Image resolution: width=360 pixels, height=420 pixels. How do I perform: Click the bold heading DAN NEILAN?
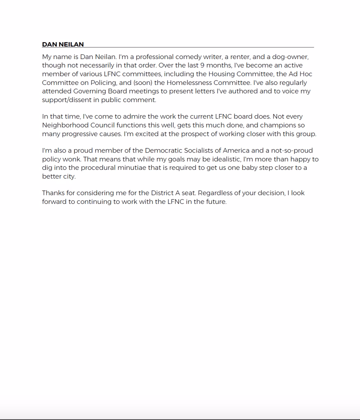click(x=63, y=44)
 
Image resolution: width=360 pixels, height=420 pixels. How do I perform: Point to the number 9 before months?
click(x=202, y=66)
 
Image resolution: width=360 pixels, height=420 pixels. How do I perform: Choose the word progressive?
click(x=80, y=134)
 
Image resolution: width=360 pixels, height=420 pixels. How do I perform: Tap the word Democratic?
click(x=165, y=151)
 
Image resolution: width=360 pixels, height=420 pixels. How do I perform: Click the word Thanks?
click(x=53, y=193)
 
